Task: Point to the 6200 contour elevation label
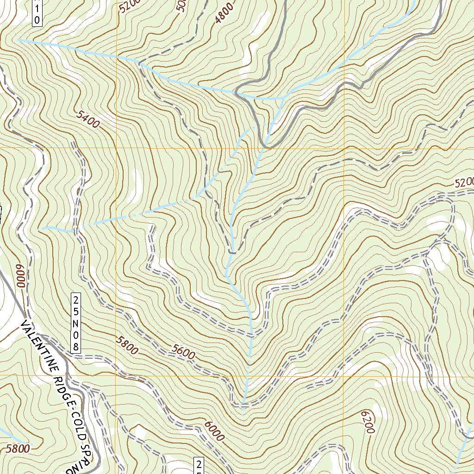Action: point(365,422)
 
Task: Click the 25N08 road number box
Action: point(76,322)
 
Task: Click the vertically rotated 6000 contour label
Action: point(21,276)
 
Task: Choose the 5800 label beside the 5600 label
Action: point(127,345)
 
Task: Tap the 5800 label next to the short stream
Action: point(19,448)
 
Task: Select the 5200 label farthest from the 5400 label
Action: point(464,183)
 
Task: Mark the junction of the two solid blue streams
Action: point(283,98)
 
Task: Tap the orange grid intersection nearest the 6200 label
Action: point(343,375)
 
